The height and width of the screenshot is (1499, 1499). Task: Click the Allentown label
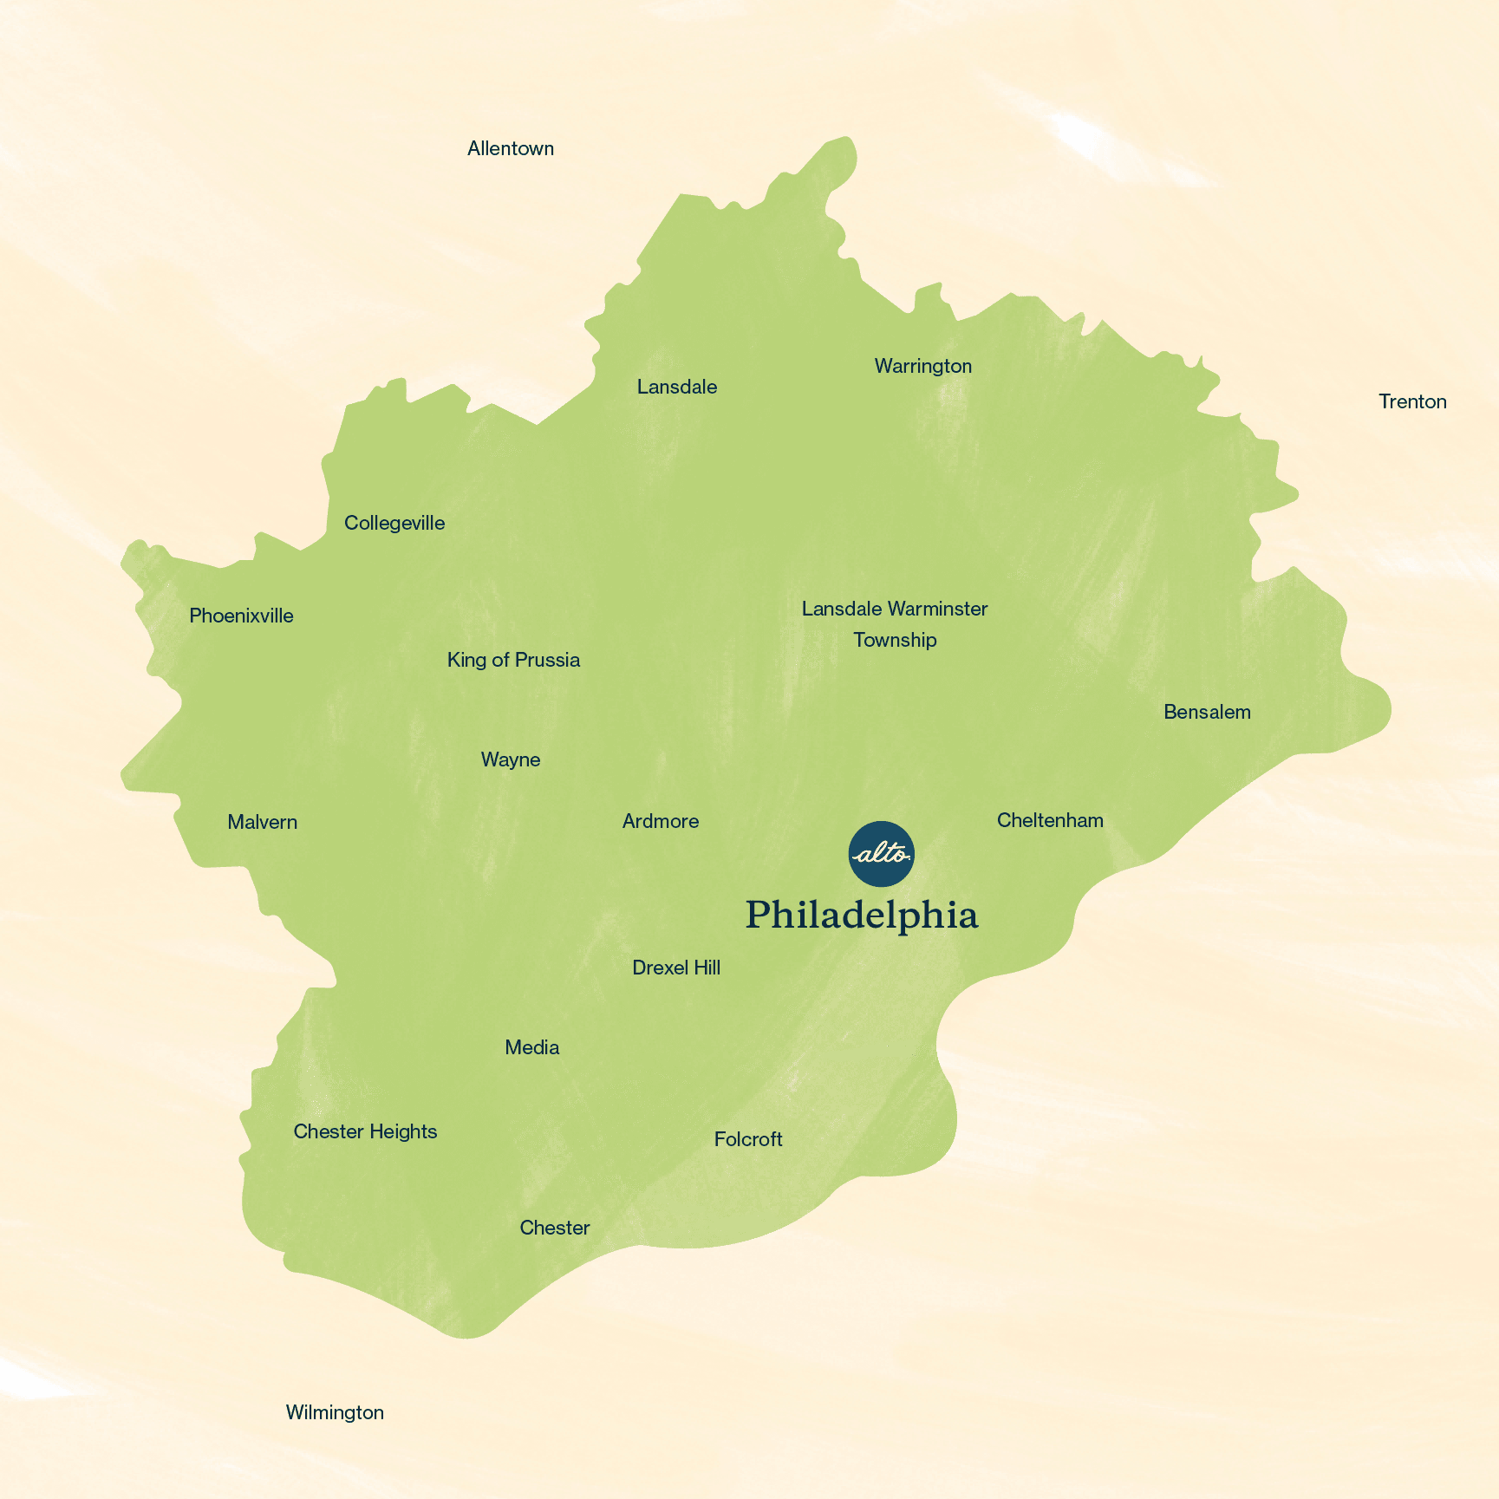click(x=510, y=148)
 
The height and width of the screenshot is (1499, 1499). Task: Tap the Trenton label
click(x=1412, y=401)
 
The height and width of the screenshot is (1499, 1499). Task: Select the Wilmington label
click(x=335, y=1412)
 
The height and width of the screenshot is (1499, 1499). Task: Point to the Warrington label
click(x=922, y=366)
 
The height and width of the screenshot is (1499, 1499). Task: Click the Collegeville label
click(x=394, y=523)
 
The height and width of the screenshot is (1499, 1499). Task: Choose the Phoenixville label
click(x=241, y=616)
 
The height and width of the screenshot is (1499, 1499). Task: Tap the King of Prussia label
click(x=513, y=660)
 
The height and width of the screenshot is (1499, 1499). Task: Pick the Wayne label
click(x=511, y=759)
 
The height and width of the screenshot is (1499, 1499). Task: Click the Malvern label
click(x=262, y=822)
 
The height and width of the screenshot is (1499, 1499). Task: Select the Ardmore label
click(x=661, y=821)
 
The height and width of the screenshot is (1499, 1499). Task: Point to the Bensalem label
click(x=1207, y=712)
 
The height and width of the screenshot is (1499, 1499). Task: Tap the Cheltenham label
click(x=1050, y=820)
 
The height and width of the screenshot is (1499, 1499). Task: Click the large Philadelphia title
click(x=862, y=916)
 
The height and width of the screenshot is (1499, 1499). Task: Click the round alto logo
click(x=881, y=854)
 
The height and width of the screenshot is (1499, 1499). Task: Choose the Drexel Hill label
click(x=676, y=968)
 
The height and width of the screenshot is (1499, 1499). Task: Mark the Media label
click(x=531, y=1047)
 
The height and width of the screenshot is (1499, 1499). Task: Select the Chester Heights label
click(x=365, y=1131)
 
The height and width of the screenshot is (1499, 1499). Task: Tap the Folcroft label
click(x=748, y=1139)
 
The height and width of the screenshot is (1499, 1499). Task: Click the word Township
click(x=895, y=640)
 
